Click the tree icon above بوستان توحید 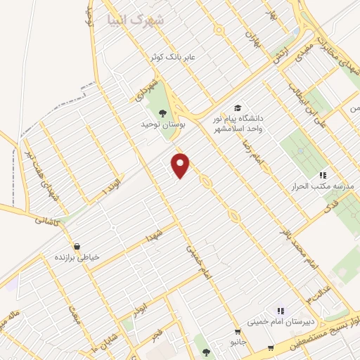tap(163, 112)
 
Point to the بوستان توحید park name tap(162, 124)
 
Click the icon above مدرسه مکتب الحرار tap(322, 174)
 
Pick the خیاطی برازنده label tap(78, 258)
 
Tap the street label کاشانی tap(48, 219)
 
